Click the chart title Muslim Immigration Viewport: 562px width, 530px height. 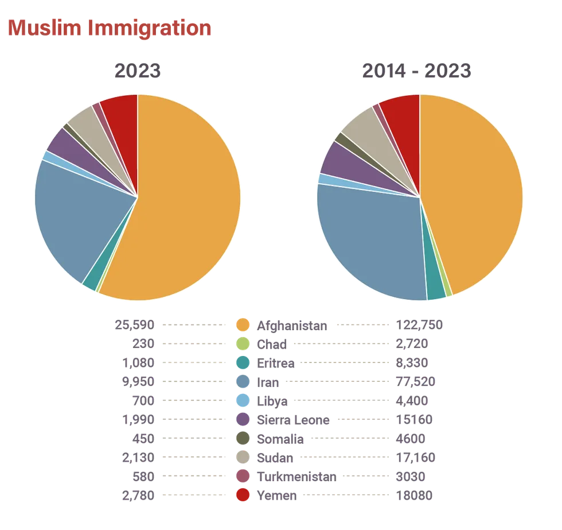108,28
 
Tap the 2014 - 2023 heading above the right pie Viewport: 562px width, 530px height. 417,71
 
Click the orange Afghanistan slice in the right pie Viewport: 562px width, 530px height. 476,195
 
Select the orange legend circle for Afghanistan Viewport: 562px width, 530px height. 243,325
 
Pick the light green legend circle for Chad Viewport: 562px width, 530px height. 243,344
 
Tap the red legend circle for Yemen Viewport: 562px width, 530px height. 243,496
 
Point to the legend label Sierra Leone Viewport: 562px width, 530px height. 293,420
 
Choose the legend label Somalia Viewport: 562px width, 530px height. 280,439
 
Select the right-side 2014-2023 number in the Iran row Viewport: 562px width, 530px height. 420,382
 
